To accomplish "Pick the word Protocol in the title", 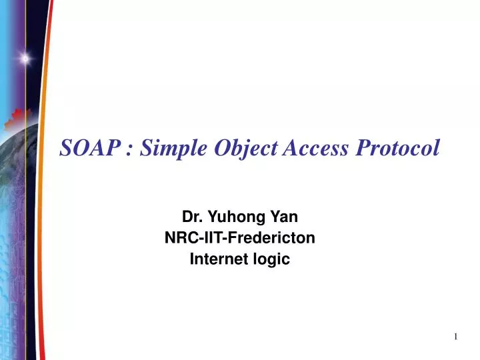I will coord(397,149).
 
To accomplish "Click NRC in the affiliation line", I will coord(179,238).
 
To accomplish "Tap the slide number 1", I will coord(455,337).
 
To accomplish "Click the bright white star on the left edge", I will coord(24,58).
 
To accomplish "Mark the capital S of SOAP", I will coord(67,149).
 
